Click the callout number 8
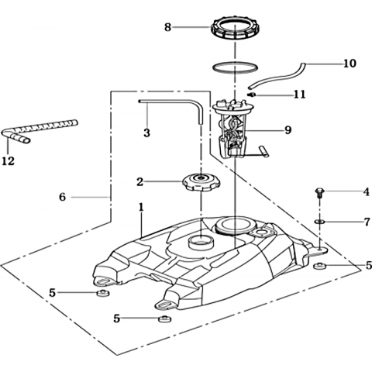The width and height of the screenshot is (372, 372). (168, 27)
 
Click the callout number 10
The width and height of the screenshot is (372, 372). (350, 64)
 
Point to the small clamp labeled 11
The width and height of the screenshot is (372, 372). (252, 95)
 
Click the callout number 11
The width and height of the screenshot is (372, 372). (300, 95)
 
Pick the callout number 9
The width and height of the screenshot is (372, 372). (288, 130)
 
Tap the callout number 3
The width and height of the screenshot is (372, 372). (146, 133)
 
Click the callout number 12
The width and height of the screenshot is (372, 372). (9, 161)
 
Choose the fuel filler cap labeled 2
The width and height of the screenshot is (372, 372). (201, 182)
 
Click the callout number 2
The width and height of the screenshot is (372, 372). (139, 182)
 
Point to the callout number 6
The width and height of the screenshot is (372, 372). (63, 197)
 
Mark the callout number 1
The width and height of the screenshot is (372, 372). (141, 207)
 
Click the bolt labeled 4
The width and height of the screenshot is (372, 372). (319, 193)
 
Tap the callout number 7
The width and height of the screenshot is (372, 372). (367, 222)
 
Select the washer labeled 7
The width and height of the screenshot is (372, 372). (320, 222)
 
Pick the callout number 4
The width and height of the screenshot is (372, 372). (367, 192)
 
